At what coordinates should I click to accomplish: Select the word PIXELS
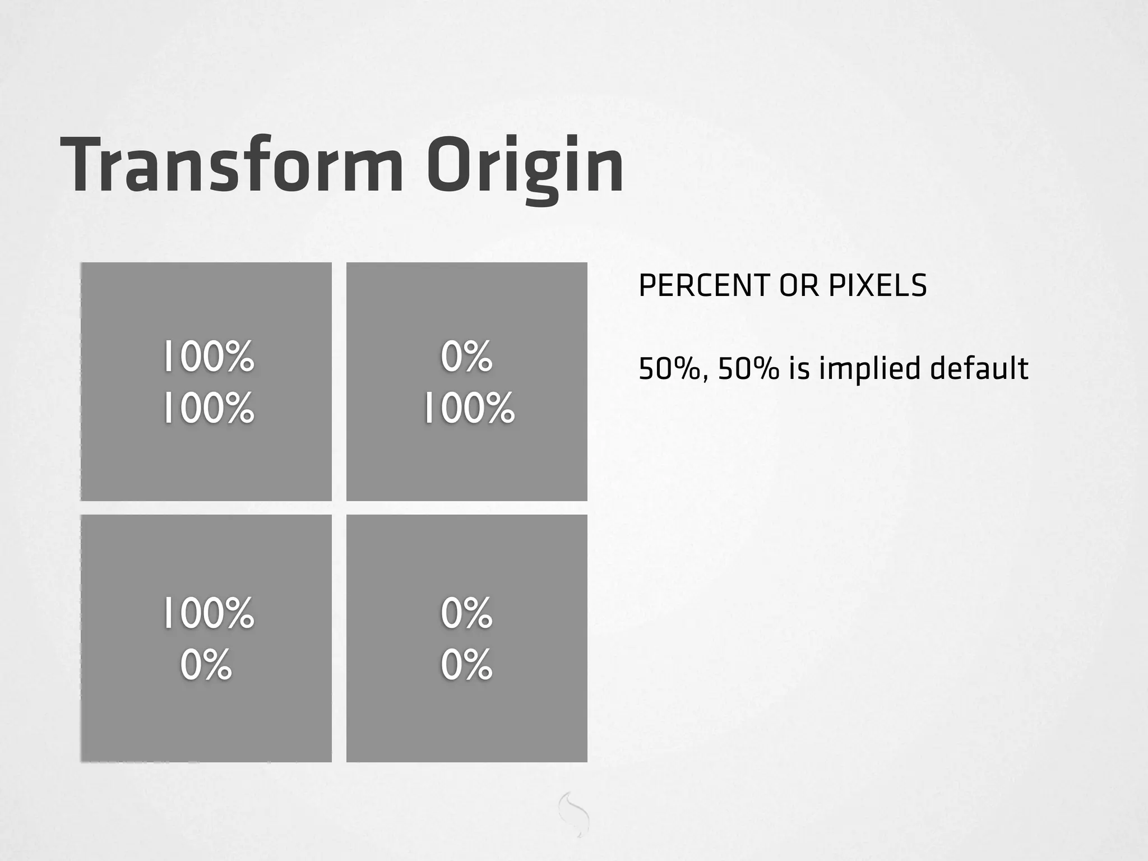pyautogui.click(x=877, y=286)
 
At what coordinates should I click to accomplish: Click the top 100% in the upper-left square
pyautogui.click(x=209, y=357)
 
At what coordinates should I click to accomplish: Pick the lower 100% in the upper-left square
pyautogui.click(x=209, y=408)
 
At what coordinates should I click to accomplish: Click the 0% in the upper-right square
pyautogui.click(x=466, y=357)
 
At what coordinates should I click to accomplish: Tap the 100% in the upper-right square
pyautogui.click(x=469, y=408)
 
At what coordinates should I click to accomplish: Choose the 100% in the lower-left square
pyautogui.click(x=209, y=613)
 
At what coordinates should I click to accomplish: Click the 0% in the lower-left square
pyautogui.click(x=206, y=665)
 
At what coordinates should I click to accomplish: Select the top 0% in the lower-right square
pyautogui.click(x=466, y=613)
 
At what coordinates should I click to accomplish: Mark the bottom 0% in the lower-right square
pyautogui.click(x=466, y=665)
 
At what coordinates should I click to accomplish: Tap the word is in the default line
pyautogui.click(x=799, y=369)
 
